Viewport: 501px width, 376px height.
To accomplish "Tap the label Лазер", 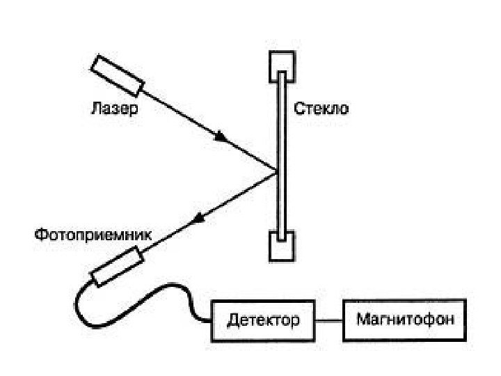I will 115,109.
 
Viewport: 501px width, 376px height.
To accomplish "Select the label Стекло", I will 321,109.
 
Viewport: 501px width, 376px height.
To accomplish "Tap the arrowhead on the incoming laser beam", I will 222,137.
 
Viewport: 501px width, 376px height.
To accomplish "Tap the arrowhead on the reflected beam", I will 200,218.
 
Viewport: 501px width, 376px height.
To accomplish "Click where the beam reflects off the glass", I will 277,171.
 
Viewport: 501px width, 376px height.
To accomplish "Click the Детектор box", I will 262,320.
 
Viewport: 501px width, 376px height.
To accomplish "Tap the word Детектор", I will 263,320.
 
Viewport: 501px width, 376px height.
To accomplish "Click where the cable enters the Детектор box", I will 212,321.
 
